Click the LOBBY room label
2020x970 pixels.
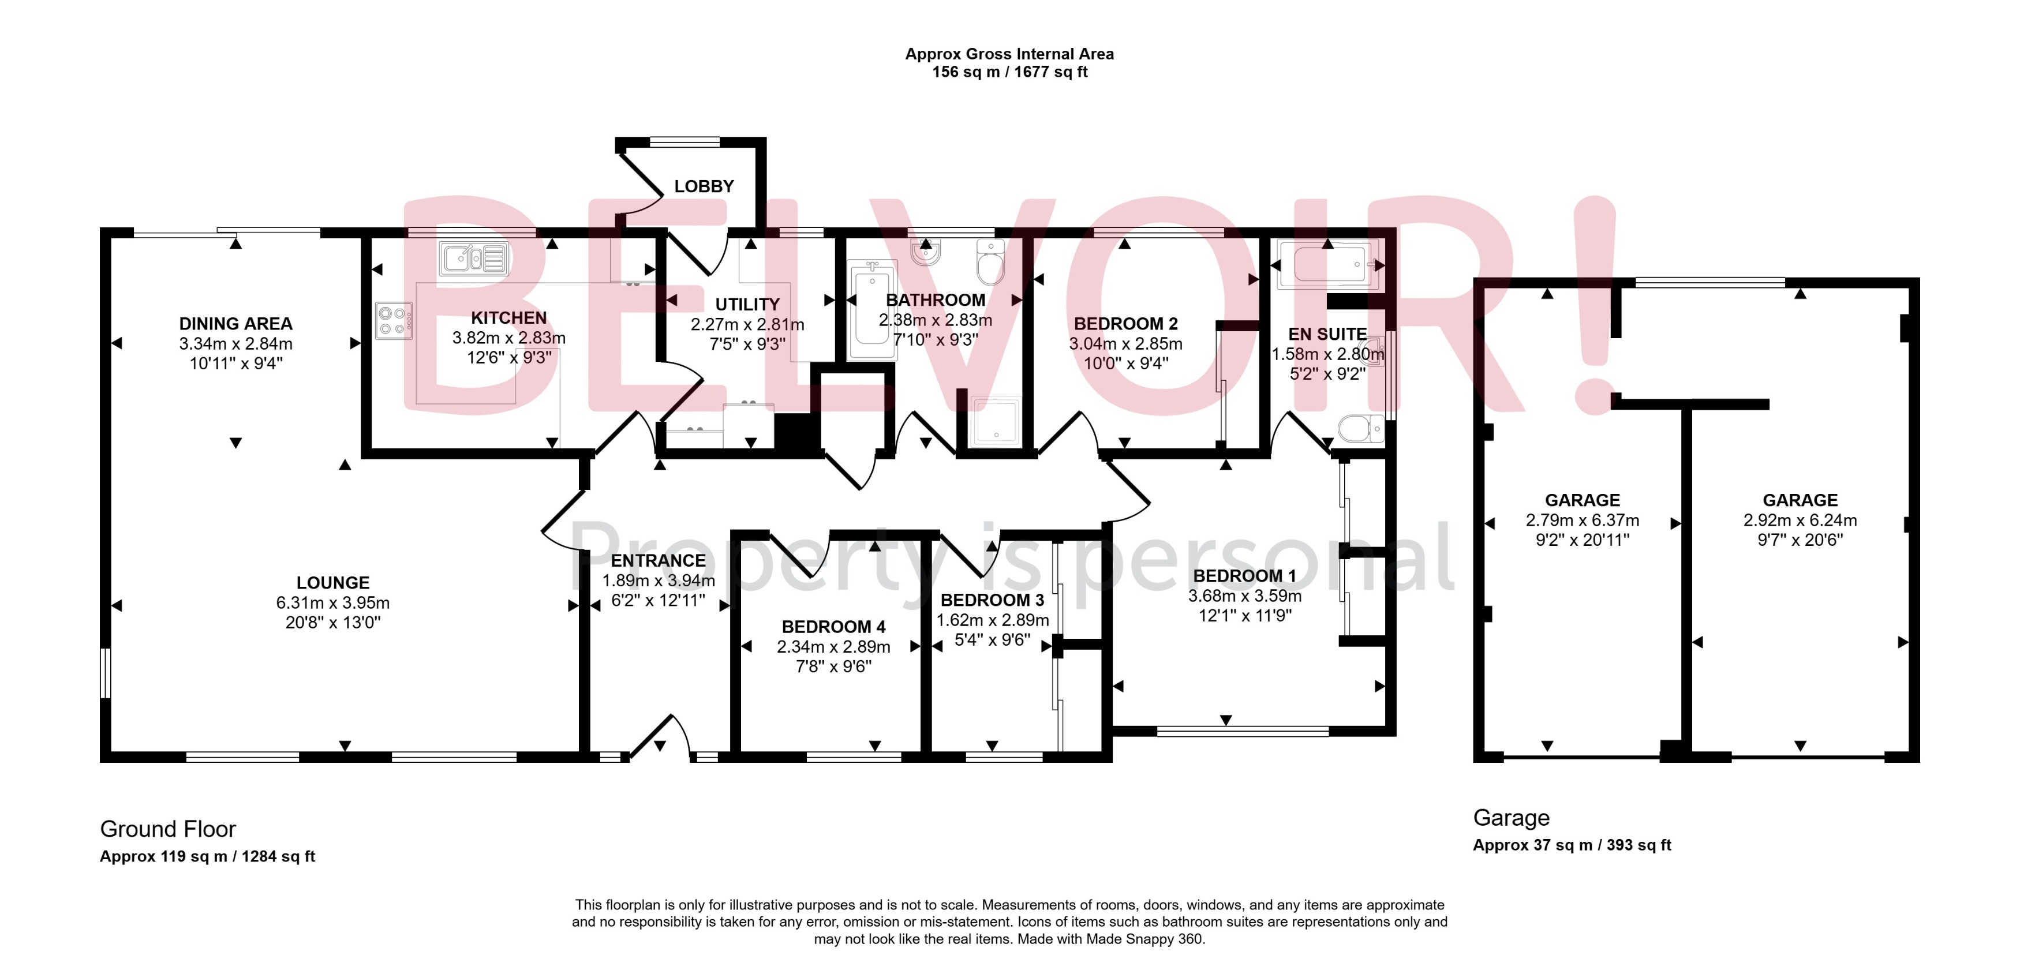704,186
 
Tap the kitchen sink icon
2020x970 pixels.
474,258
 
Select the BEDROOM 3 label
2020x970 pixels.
992,601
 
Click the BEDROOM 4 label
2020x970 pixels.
833,627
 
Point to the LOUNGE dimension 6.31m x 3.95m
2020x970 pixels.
332,603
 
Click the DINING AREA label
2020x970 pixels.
235,324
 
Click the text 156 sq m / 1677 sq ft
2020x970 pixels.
1009,72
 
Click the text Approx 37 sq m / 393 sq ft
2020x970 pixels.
1572,845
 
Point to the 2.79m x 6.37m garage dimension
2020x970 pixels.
1581,520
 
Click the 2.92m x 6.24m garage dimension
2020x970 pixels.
1800,520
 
